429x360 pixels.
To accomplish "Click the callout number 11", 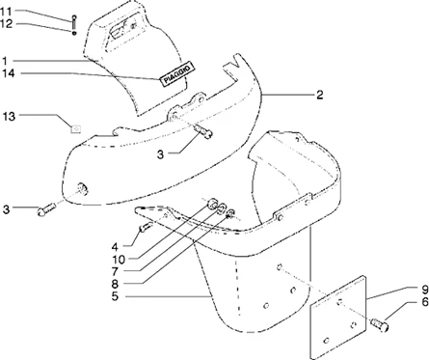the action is (x=6, y=12).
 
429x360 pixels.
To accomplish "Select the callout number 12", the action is (x=6, y=23).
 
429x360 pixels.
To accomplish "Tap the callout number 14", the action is (x=9, y=73).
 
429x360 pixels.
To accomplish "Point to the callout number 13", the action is (x=9, y=117).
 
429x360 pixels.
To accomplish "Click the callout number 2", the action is (x=319, y=95).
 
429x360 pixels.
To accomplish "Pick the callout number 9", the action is (x=425, y=290).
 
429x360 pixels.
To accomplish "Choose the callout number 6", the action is (x=425, y=302).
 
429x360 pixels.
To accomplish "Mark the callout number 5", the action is (x=116, y=296).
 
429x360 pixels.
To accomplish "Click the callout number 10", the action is (x=119, y=260).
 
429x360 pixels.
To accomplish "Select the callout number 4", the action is (x=115, y=247).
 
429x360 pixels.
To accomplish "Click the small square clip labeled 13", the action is (x=76, y=129).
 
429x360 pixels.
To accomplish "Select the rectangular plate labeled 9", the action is (x=337, y=317).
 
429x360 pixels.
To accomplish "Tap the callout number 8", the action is (x=115, y=284).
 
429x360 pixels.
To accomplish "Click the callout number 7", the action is (x=115, y=272).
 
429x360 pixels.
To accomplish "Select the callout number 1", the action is (x=5, y=61).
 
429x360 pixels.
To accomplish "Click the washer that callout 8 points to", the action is (x=230, y=213).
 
